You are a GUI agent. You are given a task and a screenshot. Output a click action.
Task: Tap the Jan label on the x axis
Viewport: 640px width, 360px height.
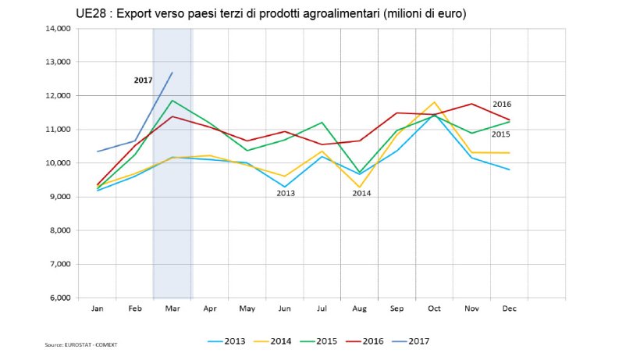[97, 308]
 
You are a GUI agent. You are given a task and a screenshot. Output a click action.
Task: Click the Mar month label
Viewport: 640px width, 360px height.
[172, 308]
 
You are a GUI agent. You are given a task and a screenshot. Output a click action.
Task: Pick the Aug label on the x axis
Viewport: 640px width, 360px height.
[359, 308]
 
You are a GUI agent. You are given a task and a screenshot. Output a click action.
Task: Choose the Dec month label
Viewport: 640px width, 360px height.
[509, 308]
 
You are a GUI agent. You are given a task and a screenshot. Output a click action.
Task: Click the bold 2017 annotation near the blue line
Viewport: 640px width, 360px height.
[143, 80]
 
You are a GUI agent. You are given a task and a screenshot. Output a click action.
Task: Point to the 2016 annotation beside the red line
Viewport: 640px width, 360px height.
[502, 104]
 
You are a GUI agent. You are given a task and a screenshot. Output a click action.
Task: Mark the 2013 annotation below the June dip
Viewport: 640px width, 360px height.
[286, 192]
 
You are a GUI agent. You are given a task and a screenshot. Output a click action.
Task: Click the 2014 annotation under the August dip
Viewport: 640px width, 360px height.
[361, 192]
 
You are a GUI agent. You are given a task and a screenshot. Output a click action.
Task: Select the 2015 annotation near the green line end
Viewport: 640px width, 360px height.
[501, 134]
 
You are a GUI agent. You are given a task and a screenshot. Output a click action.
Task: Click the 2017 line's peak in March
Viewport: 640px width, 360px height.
[172, 73]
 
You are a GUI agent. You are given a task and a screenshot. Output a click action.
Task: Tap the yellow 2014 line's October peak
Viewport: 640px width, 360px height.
[435, 102]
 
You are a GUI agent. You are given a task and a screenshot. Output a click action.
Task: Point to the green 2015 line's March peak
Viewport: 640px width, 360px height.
[172, 100]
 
